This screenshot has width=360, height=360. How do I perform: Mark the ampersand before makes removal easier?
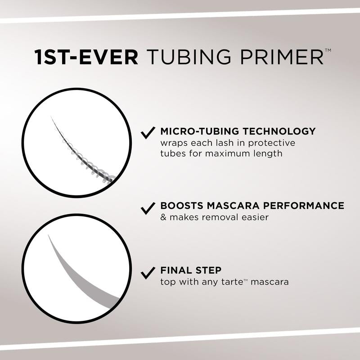(163, 217)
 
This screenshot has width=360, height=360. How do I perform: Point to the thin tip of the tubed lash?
(53, 121)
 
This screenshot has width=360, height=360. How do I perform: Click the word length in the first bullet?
(269, 153)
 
